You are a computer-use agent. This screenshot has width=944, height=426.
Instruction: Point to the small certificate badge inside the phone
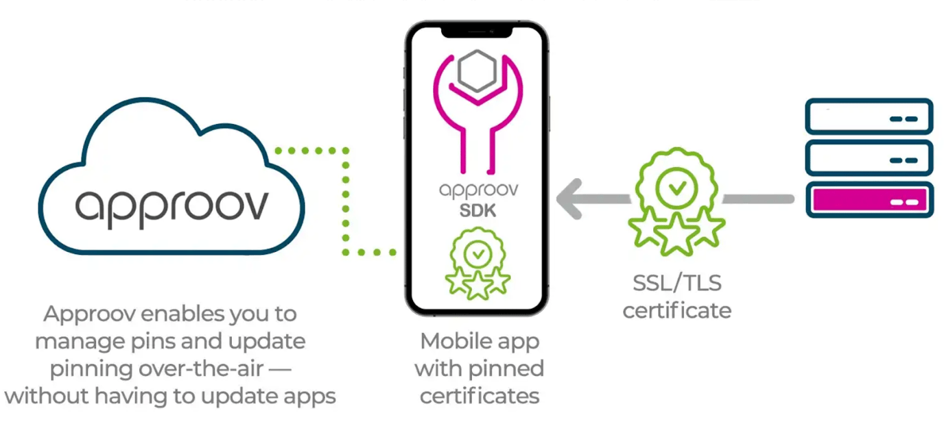pos(477,264)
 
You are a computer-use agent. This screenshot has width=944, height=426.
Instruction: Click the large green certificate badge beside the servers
pos(676,199)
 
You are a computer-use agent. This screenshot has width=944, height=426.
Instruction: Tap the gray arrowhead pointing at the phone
pos(571,199)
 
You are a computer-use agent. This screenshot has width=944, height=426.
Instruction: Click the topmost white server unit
pos(869,116)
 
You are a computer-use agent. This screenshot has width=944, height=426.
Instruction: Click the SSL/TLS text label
pos(676,283)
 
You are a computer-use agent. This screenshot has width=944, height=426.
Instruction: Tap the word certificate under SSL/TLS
pos(676,310)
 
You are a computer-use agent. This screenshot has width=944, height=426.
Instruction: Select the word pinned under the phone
pos(510,368)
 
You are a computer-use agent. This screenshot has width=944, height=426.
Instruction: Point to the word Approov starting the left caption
pos(88,314)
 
